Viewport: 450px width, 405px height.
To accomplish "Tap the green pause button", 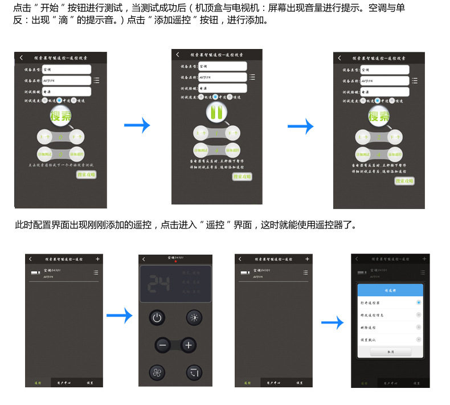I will [216, 112].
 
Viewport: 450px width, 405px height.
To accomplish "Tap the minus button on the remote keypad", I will [163, 345].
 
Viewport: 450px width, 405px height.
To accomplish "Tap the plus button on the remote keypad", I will [189, 345].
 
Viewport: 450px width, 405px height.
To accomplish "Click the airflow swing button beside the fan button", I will [194, 373].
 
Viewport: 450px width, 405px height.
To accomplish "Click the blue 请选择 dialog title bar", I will [390, 289].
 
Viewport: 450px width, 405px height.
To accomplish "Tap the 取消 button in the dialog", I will [390, 352].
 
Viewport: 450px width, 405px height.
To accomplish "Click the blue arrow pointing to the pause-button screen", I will [137, 125].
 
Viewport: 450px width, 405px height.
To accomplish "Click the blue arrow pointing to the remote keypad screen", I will [119, 314].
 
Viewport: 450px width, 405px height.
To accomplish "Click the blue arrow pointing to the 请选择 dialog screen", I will [332, 324].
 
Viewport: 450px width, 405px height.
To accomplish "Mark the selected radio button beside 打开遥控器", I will [419, 302].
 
